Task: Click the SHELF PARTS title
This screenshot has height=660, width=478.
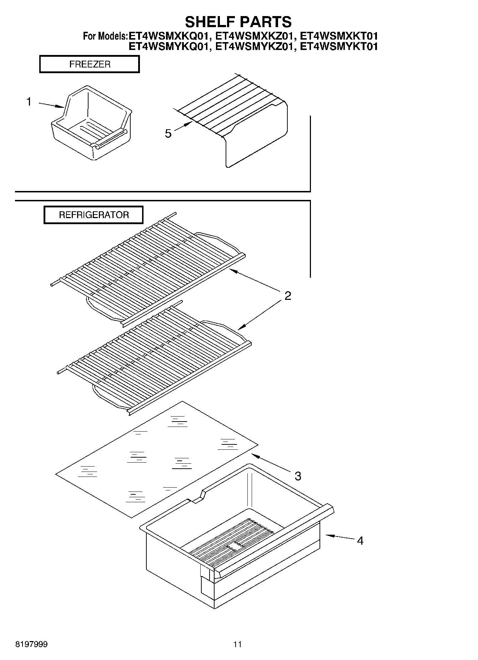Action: (238, 22)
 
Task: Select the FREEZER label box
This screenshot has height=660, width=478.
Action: (89, 64)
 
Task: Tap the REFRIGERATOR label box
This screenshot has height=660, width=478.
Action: (94, 215)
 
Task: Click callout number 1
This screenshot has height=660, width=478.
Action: (29, 102)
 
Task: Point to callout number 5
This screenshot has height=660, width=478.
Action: (168, 134)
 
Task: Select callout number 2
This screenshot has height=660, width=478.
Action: (288, 296)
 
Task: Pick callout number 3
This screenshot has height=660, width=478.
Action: (298, 476)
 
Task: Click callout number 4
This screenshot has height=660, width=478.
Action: (360, 541)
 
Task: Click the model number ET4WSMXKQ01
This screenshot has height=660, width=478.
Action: (168, 36)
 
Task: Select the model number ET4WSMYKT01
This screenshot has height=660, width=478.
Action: (339, 47)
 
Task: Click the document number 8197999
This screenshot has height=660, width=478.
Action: (31, 644)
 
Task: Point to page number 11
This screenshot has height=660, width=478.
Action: (237, 644)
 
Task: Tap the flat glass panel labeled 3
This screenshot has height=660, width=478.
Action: (157, 460)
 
